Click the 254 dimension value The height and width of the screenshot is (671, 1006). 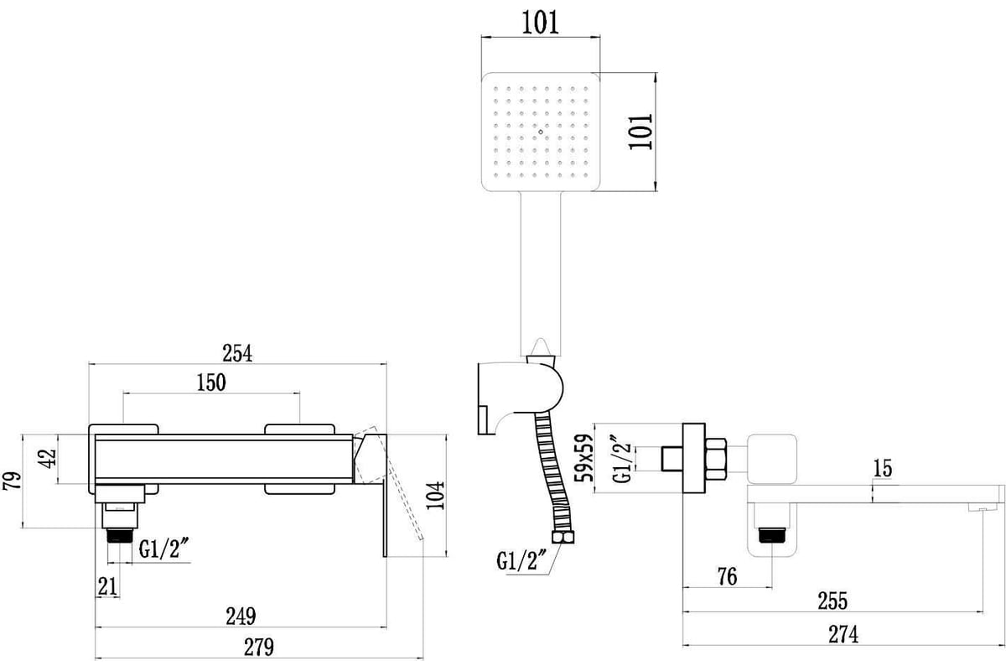coord(237,353)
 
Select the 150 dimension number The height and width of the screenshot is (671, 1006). coord(211,382)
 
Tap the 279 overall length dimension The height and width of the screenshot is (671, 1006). coord(259,648)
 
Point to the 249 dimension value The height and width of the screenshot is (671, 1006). coord(241,616)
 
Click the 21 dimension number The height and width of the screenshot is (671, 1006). coord(107,586)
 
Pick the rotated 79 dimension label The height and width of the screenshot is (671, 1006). coord(12,481)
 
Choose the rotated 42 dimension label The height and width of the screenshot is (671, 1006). coord(49,459)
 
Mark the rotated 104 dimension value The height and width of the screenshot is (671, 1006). coord(435,495)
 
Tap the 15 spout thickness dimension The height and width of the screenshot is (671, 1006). coord(883,468)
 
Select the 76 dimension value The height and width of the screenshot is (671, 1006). coord(727,576)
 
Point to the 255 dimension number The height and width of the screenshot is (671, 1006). coord(832,601)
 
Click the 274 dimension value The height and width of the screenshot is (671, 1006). coord(843,635)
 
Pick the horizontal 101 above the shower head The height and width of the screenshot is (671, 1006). coord(540,23)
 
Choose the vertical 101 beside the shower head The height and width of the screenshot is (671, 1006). coord(640,132)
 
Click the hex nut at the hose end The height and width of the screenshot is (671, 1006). coord(563,537)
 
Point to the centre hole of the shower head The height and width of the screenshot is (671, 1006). coord(540,132)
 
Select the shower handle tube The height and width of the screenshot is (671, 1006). coord(541,273)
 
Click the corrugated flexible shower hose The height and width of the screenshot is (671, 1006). coord(553,472)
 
